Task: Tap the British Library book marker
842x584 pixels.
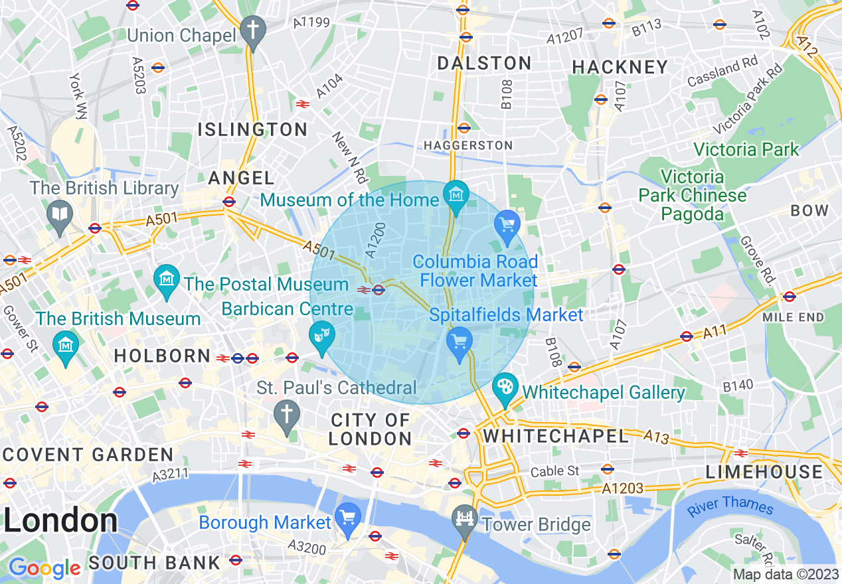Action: click(60, 214)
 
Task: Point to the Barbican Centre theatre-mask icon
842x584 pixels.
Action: click(322, 336)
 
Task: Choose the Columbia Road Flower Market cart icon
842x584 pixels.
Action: click(507, 225)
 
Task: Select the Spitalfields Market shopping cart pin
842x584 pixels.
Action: click(459, 342)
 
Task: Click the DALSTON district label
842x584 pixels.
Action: click(485, 63)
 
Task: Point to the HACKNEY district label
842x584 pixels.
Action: click(620, 67)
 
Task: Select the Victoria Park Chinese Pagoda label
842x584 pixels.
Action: click(692, 196)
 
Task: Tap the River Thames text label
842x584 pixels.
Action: click(730, 506)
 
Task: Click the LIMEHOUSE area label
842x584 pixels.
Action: click(764, 472)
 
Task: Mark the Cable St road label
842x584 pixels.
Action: click(555, 471)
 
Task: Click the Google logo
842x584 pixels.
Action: click(44, 567)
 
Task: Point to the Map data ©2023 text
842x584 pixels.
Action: click(785, 574)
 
